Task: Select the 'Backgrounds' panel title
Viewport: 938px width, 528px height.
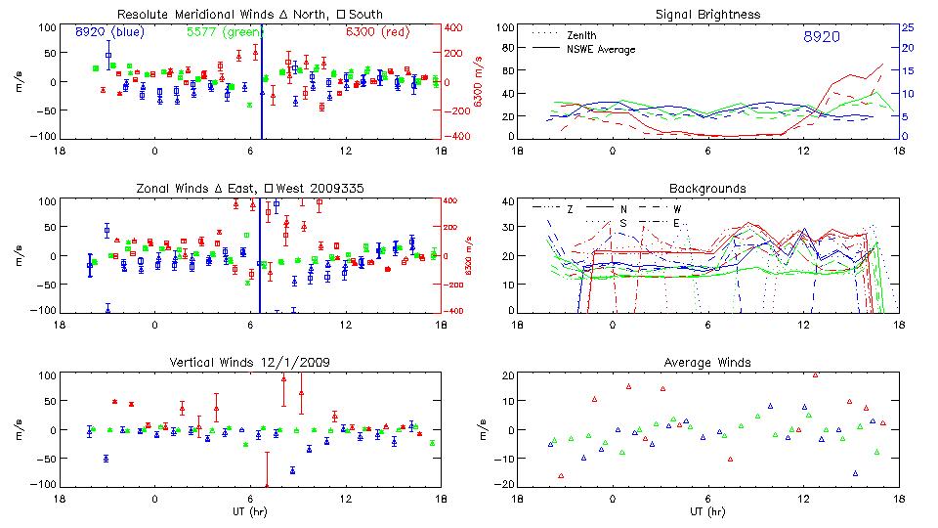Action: [x=707, y=188]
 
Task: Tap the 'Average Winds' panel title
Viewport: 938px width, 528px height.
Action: [x=707, y=363]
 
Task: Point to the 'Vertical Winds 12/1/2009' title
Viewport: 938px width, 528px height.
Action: [x=249, y=363]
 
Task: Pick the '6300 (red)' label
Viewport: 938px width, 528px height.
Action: [x=377, y=32]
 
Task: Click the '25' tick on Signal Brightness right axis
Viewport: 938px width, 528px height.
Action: [x=907, y=27]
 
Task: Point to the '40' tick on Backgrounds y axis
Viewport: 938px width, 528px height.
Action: [x=506, y=202]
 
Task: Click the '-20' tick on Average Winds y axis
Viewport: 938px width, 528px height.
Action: [x=503, y=484]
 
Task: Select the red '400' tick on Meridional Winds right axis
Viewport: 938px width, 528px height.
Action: [x=454, y=27]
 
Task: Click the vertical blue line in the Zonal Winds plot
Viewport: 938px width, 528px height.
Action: [x=261, y=256]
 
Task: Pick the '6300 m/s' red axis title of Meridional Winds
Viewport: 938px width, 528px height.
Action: [x=479, y=82]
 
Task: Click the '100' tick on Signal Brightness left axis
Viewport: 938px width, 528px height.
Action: [x=503, y=27]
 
